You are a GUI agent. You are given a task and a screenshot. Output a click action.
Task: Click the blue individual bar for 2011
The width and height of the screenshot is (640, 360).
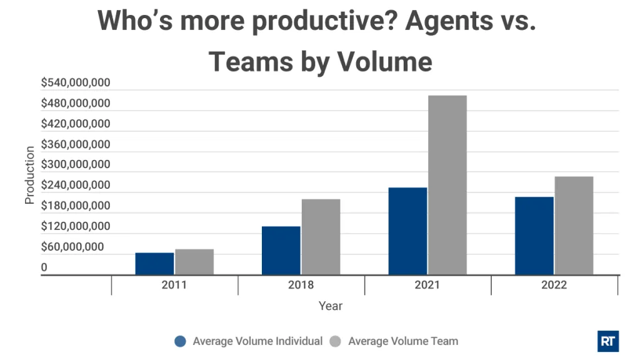(154, 263)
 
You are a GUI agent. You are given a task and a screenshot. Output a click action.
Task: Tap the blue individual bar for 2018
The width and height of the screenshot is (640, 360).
(281, 250)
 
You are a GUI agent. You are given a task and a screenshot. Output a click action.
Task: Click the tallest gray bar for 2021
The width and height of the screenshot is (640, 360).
(447, 184)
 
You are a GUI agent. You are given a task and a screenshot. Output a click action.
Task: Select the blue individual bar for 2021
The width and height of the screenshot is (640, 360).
(407, 231)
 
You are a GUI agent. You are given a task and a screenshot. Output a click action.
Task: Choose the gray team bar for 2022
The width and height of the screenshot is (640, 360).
(574, 225)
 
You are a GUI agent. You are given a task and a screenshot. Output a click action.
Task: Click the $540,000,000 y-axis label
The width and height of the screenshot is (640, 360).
(76, 82)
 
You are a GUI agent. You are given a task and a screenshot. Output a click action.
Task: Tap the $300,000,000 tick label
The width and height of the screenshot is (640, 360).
(76, 165)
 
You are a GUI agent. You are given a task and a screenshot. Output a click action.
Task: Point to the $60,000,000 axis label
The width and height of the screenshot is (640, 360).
(72, 247)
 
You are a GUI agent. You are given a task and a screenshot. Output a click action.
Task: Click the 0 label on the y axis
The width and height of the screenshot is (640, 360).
(44, 267)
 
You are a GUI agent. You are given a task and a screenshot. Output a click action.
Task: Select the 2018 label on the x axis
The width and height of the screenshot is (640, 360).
(301, 285)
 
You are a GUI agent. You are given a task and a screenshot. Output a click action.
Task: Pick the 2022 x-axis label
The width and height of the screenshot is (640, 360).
(554, 285)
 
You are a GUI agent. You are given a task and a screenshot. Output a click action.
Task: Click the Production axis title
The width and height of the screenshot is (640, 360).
(29, 175)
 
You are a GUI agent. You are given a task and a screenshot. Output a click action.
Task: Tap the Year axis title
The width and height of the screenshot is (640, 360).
(330, 306)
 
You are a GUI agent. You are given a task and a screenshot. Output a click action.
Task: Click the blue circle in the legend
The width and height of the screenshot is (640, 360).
(181, 341)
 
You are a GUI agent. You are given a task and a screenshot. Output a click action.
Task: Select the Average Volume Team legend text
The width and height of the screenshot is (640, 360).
(402, 341)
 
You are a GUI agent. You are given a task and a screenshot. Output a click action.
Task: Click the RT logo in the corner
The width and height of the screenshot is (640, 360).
(607, 341)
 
